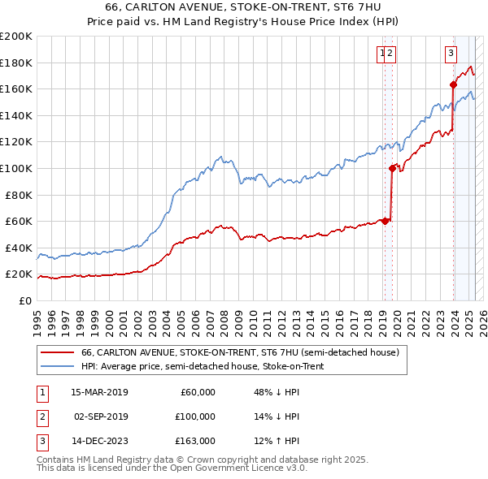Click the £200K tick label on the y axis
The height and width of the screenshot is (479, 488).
16,37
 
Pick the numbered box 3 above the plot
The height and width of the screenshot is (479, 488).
450,54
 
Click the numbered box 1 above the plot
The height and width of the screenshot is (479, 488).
381,54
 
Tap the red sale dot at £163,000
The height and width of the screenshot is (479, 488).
453,84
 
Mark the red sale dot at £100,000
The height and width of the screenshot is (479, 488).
392,168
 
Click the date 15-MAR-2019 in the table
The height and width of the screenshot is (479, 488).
99,392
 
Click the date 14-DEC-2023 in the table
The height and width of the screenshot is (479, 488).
99,441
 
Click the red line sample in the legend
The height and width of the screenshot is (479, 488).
56,353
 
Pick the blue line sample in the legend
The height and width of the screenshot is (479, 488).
56,366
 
